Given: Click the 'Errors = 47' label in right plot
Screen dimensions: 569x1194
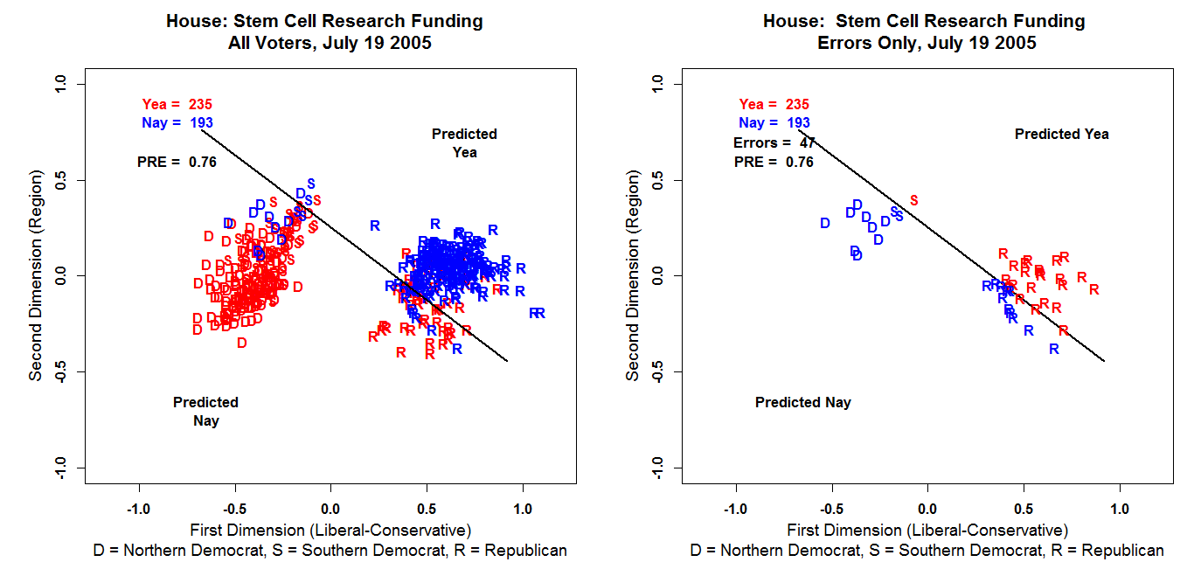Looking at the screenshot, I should (x=774, y=142).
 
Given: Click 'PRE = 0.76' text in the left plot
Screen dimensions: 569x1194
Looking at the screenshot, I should (x=177, y=162).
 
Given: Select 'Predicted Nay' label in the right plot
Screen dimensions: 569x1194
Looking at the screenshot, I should (x=802, y=403).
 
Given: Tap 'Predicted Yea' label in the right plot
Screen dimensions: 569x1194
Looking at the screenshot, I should (x=1061, y=135).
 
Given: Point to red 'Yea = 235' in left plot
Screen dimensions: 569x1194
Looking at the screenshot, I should (x=177, y=104).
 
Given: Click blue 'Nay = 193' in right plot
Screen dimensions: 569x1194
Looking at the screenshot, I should (x=774, y=123).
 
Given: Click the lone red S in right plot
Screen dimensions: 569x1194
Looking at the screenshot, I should (x=914, y=201).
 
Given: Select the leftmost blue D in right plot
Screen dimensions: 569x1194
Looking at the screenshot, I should (x=824, y=224).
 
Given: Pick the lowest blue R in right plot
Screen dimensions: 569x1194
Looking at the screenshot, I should (x=1054, y=350).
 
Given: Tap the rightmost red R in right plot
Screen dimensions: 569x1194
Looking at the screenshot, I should (x=1093, y=289).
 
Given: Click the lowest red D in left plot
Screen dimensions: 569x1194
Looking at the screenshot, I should (x=242, y=343).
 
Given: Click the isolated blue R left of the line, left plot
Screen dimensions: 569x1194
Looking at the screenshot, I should (x=375, y=226).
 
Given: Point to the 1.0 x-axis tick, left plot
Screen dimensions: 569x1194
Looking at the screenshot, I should (x=522, y=509).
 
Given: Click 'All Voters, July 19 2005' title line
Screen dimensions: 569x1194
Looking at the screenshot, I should (x=324, y=42).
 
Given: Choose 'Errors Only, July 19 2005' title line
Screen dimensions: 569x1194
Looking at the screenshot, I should (x=924, y=42).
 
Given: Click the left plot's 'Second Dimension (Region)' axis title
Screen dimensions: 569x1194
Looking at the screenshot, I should (x=36, y=276).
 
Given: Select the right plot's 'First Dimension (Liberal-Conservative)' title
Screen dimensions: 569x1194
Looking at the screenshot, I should (x=927, y=530).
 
